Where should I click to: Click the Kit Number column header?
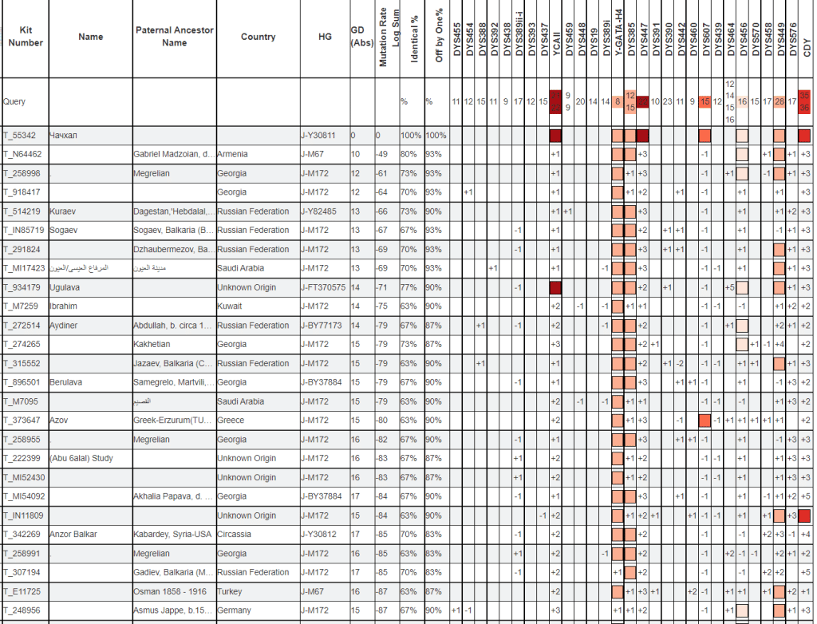(26, 36)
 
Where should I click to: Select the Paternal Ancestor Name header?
(174, 36)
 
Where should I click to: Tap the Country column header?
(258, 37)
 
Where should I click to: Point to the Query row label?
(14, 102)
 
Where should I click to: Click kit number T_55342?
(22, 136)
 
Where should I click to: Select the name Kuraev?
(64, 211)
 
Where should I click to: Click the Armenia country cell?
(233, 154)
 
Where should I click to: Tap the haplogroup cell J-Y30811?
(319, 136)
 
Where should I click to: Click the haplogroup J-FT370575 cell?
(323, 287)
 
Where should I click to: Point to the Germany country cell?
(234, 610)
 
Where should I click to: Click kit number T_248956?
(23, 610)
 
